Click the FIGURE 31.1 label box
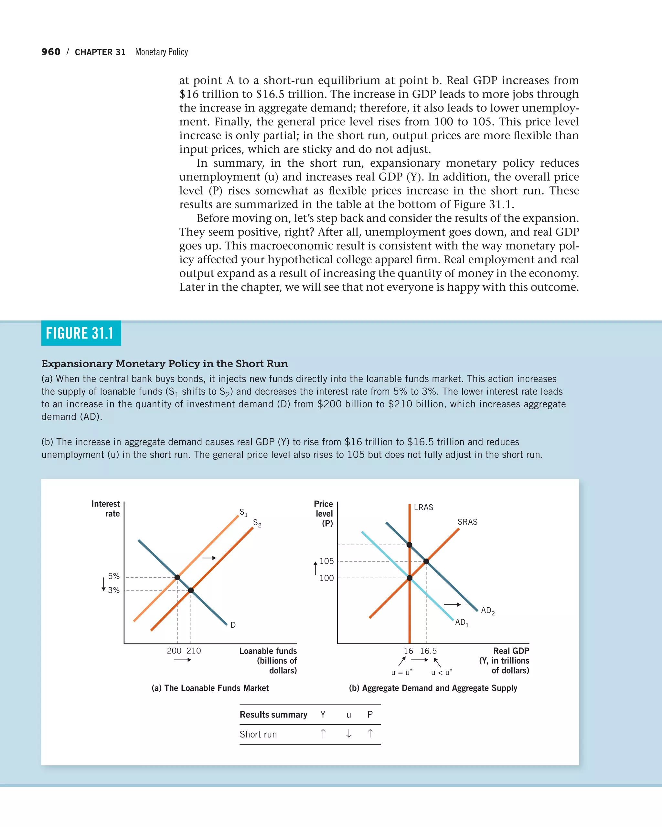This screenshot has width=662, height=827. pos(81,333)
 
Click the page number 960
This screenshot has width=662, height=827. pos(51,52)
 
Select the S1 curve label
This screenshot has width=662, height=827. pos(243,512)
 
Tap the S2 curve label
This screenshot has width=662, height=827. pos(257,523)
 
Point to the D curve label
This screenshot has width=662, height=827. pos(233,625)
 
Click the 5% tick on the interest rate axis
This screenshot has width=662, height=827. pos(113,576)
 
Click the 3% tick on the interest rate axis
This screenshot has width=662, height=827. pos(113,590)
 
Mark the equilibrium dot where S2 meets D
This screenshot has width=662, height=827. pos(191,590)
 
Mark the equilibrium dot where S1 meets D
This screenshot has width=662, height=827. pos(177,577)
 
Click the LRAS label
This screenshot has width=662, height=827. pos(423,507)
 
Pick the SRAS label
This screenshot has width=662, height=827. pos(467,522)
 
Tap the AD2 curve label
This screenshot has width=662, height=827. pos(487,611)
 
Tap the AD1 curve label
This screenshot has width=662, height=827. pos(461,623)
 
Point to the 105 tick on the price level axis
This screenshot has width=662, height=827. pos(326,561)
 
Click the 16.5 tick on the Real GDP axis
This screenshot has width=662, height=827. pos(428,651)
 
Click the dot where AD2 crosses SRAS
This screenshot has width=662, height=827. pos(426,561)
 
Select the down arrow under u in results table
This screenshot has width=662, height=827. pos(348,734)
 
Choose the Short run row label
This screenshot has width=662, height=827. pos(258,734)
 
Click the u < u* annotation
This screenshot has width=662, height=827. pos(441,672)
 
